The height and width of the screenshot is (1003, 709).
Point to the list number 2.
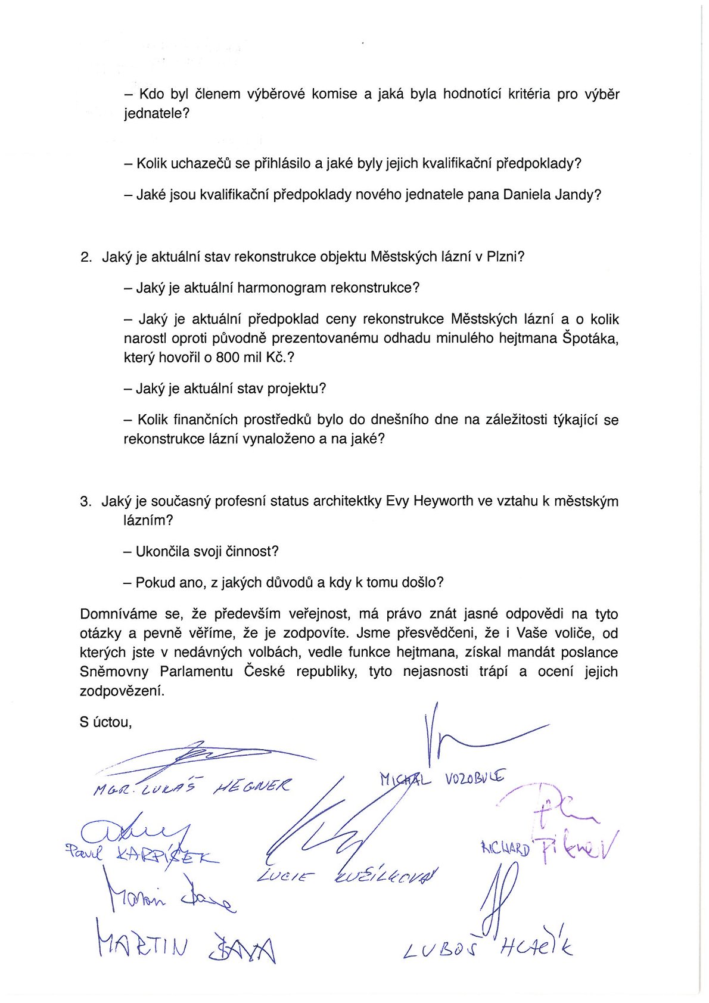click(x=86, y=257)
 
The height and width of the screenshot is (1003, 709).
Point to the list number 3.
click(x=86, y=501)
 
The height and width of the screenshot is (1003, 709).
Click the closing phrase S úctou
click(x=105, y=722)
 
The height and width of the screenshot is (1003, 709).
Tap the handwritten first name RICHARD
click(x=505, y=849)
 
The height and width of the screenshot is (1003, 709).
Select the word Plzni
click(x=504, y=257)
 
